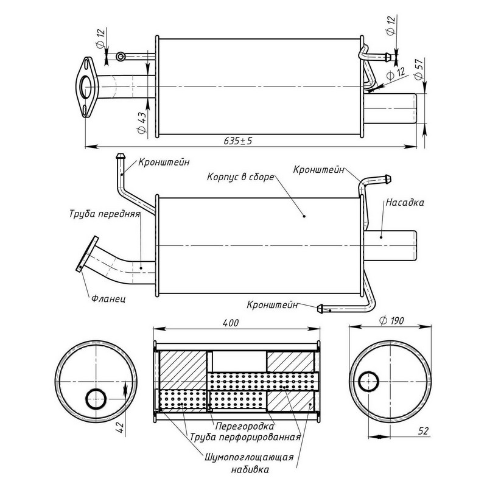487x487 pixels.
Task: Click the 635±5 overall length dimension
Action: (x=237, y=141)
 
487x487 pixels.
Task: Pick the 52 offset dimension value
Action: (x=424, y=430)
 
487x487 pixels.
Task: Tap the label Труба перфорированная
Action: (x=246, y=437)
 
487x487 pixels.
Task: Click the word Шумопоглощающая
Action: (x=250, y=457)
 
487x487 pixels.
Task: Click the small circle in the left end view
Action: (x=96, y=399)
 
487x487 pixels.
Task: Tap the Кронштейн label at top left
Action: (x=164, y=162)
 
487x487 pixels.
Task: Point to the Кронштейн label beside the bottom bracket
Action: (x=272, y=304)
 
